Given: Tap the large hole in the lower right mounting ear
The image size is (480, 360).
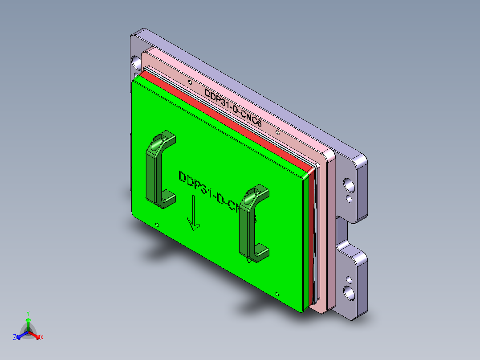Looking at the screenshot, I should pyautogui.click(x=349, y=292).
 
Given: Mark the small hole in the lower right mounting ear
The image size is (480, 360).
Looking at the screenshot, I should pyautogui.click(x=349, y=280).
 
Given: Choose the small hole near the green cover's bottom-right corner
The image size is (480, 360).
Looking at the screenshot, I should pyautogui.click(x=277, y=295).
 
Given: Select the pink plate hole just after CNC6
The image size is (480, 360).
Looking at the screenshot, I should pyautogui.click(x=277, y=132).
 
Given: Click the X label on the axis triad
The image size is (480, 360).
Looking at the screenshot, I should pyautogui.click(x=41, y=337).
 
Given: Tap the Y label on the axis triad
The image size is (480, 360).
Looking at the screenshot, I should pyautogui.click(x=28, y=313).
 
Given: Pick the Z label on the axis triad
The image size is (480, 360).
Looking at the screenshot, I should pyautogui.click(x=15, y=337).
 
